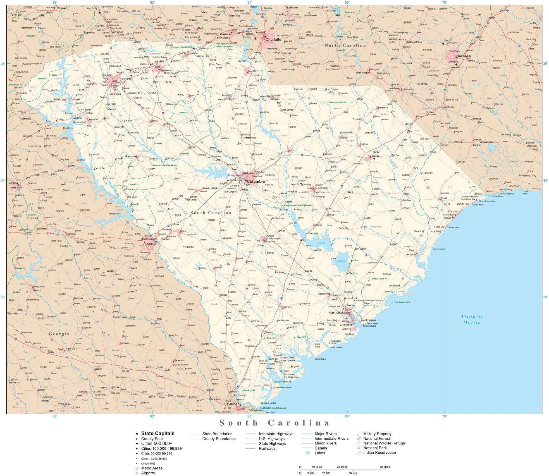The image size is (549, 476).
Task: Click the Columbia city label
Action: coord(256,181)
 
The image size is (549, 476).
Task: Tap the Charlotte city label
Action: coord(273,40)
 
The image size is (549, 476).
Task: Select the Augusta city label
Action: coord(149,244)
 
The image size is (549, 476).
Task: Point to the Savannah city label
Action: coord(232,404)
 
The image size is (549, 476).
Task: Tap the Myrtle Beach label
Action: coord(449,215)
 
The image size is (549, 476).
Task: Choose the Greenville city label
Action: coord(121,82)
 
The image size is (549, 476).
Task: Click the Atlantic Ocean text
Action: coord(472,320)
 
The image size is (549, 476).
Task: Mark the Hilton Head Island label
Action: coord(283,388)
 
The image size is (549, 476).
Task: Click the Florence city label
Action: coord(374,156)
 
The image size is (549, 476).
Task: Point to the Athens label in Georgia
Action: coord(13,183)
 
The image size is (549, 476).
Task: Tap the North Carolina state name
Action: coord(345,45)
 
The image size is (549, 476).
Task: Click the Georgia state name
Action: coord(59,334)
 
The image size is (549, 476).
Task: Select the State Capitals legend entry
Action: coord(157,433)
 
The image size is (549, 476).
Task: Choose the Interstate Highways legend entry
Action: coord(276,434)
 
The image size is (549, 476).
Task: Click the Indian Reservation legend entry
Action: coord(379,453)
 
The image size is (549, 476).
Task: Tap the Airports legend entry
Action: coord(148,473)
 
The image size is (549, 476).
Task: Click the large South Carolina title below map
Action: coord(274,423)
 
